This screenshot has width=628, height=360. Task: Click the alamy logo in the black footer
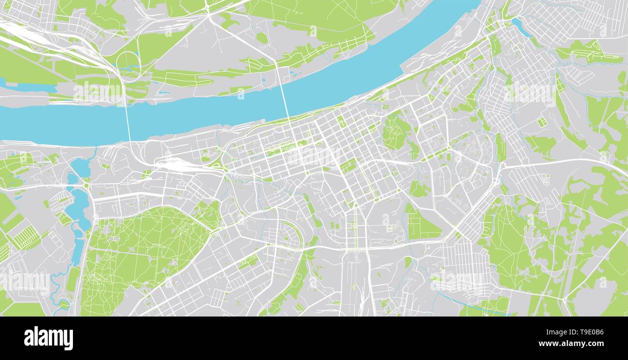(48, 338)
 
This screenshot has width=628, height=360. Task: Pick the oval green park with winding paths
(396, 131)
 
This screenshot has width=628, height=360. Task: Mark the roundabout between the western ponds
(86, 185)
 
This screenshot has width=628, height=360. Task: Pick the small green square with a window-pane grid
(542, 122)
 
